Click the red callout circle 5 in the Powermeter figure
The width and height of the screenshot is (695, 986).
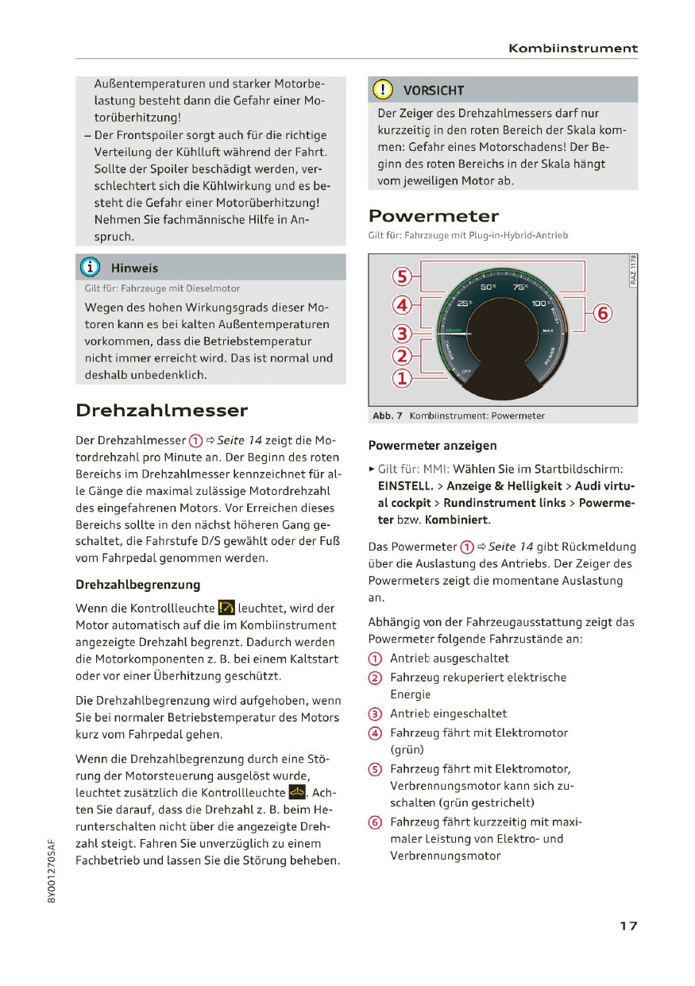pyautogui.click(x=403, y=277)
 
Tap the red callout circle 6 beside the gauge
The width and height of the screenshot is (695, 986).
pyautogui.click(x=603, y=314)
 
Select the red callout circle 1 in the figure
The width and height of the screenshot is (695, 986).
pyautogui.click(x=403, y=379)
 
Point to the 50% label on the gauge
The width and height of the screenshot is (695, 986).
pyautogui.click(x=488, y=287)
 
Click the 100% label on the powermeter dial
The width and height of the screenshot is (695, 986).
pyautogui.click(x=540, y=304)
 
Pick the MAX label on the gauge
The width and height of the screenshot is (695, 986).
pyautogui.click(x=547, y=330)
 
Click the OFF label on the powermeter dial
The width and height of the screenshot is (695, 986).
pyautogui.click(x=466, y=371)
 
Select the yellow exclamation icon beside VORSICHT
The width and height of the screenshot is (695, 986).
pyautogui.click(x=383, y=90)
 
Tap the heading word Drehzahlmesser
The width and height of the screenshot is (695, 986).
pyautogui.click(x=161, y=411)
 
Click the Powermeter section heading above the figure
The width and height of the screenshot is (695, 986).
pyautogui.click(x=434, y=216)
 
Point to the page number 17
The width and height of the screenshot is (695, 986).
pyautogui.click(x=628, y=926)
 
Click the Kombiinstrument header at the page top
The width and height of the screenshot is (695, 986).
pyautogui.click(x=573, y=48)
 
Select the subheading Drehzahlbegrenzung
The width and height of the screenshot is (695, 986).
pyautogui.click(x=137, y=585)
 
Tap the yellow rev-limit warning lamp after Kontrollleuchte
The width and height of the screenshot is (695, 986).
pyautogui.click(x=226, y=609)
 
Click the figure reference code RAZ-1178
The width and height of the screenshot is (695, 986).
pyautogui.click(x=632, y=271)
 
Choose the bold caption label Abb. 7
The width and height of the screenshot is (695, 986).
pyautogui.click(x=388, y=416)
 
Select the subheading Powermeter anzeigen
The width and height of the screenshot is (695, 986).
pyautogui.click(x=432, y=446)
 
